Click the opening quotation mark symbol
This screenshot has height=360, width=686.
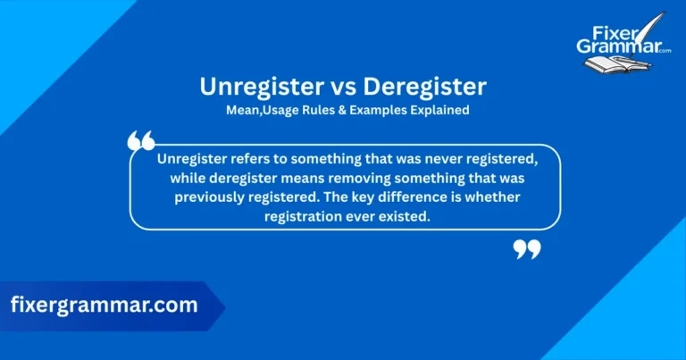pos(141,141)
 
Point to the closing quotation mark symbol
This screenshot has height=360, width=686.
pos(527,249)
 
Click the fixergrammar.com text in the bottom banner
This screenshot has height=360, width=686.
pos(105,305)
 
